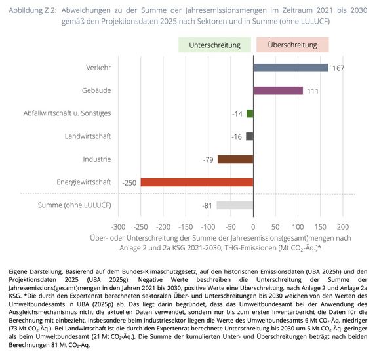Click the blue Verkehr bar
[x=290, y=68]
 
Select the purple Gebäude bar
[x=278, y=90]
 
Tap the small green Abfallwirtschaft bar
[x=250, y=113]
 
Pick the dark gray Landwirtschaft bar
[x=250, y=136]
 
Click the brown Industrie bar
[x=235, y=159]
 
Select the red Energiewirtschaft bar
[x=197, y=182]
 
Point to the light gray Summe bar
[x=235, y=205]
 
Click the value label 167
[x=338, y=68]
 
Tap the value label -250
[x=129, y=183]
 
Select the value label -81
[x=207, y=206]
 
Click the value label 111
[x=313, y=91]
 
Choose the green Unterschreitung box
[x=214, y=45]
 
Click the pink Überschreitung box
[x=292, y=45]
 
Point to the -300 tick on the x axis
[x=118, y=226]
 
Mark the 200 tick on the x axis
[x=343, y=226]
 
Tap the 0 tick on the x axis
[x=253, y=226]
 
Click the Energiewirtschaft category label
[x=84, y=182]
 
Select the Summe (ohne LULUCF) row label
[x=75, y=205]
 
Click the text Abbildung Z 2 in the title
[x=33, y=10]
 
